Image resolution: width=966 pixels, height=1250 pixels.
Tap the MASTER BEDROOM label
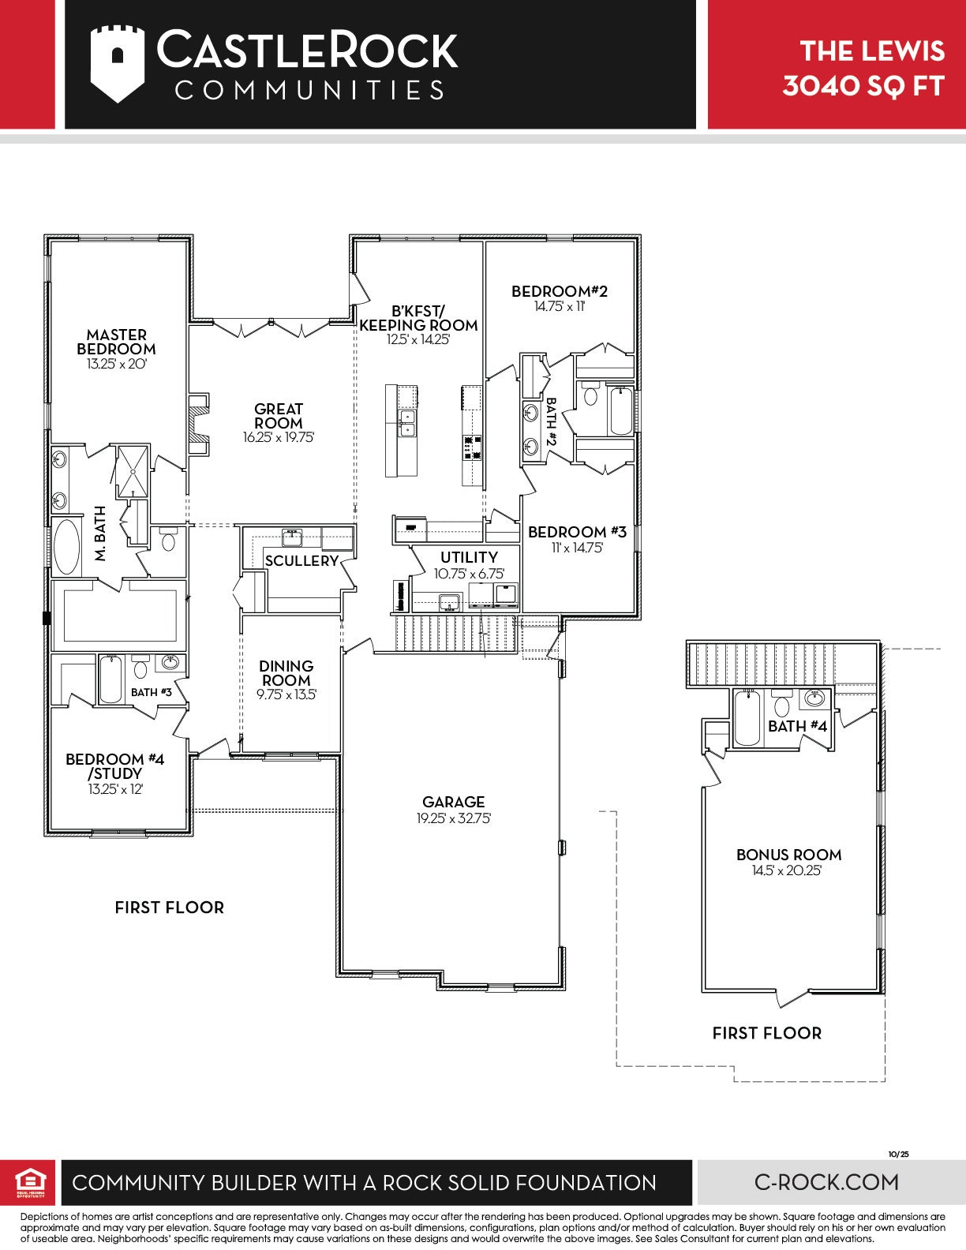[116, 342]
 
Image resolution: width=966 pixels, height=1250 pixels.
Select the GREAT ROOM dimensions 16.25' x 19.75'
[279, 437]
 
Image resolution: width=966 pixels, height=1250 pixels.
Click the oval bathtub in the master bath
[67, 547]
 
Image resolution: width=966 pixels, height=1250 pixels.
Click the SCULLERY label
[301, 561]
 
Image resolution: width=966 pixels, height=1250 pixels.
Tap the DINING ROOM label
[286, 673]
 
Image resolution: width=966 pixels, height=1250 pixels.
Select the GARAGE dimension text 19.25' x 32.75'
[454, 818]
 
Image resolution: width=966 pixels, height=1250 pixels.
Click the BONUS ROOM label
[788, 855]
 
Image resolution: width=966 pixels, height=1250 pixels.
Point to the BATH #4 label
[797, 727]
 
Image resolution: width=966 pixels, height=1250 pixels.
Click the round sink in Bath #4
[814, 699]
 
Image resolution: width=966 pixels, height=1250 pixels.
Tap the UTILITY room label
[469, 557]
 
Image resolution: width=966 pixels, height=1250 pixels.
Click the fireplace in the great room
[199, 424]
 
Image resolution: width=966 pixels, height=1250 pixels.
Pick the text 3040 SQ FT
[863, 86]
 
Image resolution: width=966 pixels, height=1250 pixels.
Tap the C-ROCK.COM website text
[826, 1183]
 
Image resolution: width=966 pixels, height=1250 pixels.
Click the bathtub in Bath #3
[110, 679]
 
